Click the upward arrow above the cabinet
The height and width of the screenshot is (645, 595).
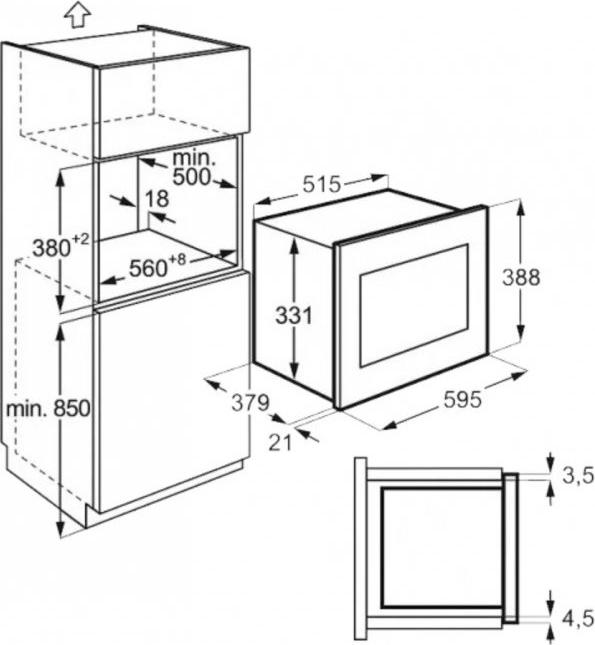[77, 14]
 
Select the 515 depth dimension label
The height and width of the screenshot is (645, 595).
[322, 184]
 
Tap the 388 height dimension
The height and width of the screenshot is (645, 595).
[521, 277]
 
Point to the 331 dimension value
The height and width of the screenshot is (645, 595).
[294, 316]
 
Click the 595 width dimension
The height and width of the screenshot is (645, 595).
[463, 399]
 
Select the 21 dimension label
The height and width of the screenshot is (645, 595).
[280, 442]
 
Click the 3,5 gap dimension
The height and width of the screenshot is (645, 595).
[578, 476]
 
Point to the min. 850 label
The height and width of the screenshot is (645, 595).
[48, 409]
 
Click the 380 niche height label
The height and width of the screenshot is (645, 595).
[52, 248]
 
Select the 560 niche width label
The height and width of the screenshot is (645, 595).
[149, 269]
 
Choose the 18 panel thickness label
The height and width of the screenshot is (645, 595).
[157, 199]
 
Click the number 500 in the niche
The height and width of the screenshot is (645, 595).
[191, 177]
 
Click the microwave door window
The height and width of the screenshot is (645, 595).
[414, 305]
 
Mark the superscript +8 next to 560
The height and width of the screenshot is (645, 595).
[177, 260]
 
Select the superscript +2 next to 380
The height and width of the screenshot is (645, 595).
[81, 239]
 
